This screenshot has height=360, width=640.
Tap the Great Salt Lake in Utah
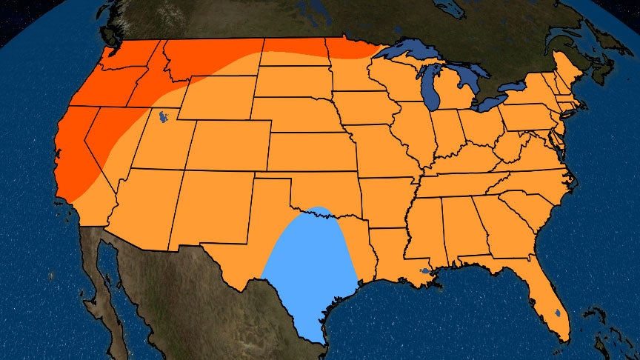point(159,116)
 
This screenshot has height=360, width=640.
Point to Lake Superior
point(415,52)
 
